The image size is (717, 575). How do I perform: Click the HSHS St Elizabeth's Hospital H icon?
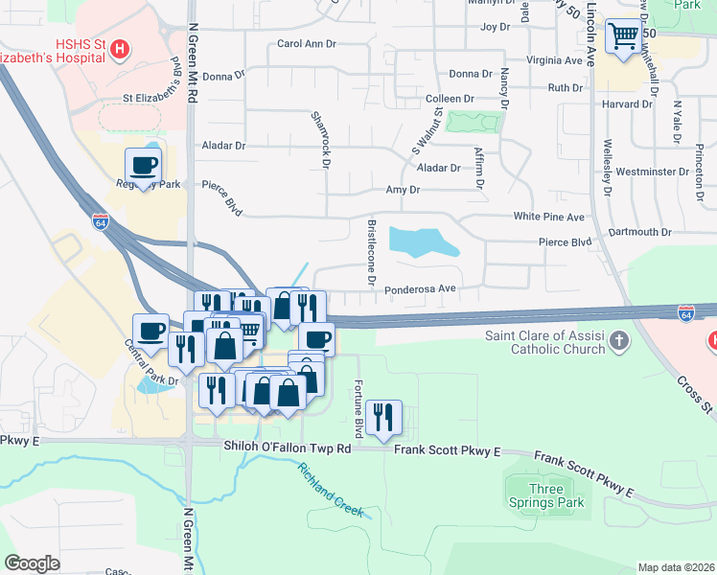click(120, 49)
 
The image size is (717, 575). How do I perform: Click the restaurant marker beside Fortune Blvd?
click(383, 417)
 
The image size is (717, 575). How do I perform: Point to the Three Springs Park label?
click(545, 495)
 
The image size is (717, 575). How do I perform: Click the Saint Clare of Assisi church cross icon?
click(620, 339)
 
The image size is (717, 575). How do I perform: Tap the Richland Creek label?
click(331, 490)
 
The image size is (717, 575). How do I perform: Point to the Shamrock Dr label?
click(320, 139)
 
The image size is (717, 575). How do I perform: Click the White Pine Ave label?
click(548, 218)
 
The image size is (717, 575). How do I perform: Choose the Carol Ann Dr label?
click(307, 43)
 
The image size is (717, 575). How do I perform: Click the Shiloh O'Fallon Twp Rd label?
click(288, 448)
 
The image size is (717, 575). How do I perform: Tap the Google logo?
click(32, 563)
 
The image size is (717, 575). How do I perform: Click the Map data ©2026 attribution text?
click(675, 567)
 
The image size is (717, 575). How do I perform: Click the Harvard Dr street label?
click(627, 104)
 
